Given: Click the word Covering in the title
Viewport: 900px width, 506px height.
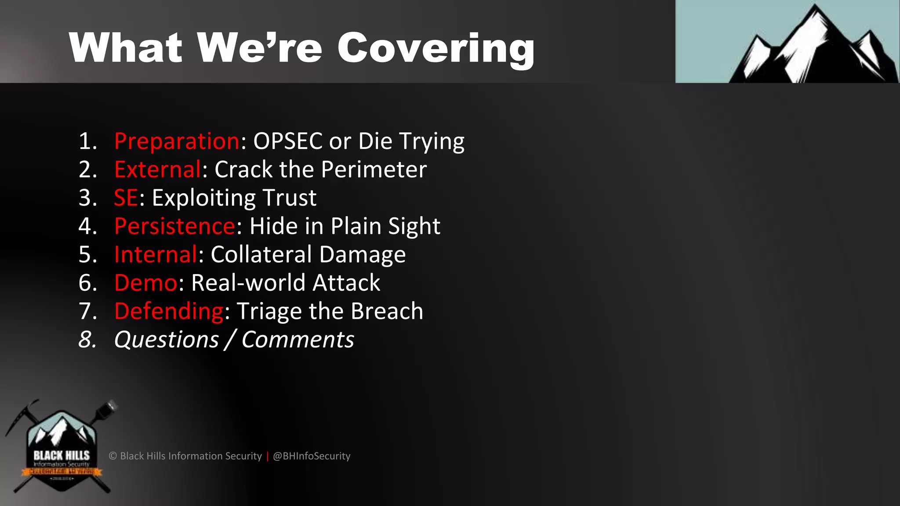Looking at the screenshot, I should [435, 48].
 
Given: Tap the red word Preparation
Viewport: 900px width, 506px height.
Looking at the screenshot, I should [177, 141].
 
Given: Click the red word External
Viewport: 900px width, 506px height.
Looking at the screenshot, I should [158, 170].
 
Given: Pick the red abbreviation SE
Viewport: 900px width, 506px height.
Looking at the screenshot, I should [126, 198].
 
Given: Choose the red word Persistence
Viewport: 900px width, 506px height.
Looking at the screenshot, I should [175, 226].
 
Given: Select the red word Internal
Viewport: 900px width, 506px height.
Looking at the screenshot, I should [156, 255].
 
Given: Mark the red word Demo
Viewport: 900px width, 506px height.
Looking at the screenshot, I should [145, 283].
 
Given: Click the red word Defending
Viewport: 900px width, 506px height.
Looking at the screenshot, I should [169, 311].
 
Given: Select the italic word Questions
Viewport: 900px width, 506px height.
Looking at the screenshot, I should [166, 340].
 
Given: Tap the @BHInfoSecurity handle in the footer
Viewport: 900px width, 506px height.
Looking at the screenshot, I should [312, 456].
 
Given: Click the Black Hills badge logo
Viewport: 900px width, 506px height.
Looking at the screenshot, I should [62, 448].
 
